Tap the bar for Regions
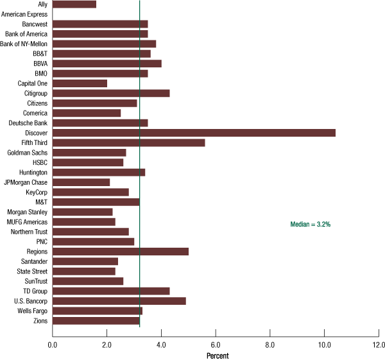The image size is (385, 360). pyautogui.click(x=120, y=252)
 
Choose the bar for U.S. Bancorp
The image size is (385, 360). pyautogui.click(x=119, y=301)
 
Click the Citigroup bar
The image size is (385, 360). pyautogui.click(x=111, y=93)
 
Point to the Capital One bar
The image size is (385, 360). pyautogui.click(x=80, y=83)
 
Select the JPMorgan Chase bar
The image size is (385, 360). pyautogui.click(x=81, y=182)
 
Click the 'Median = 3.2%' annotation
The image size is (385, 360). pyautogui.click(x=311, y=224)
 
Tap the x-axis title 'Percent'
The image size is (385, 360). pyautogui.click(x=218, y=355)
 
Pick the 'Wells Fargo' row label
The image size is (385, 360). pyautogui.click(x=31, y=311)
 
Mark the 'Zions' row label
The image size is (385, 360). pyautogui.click(x=40, y=321)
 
